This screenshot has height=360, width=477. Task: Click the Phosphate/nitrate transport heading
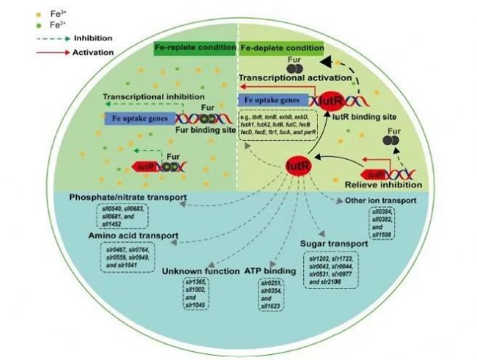pyautogui.click(x=128, y=199)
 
